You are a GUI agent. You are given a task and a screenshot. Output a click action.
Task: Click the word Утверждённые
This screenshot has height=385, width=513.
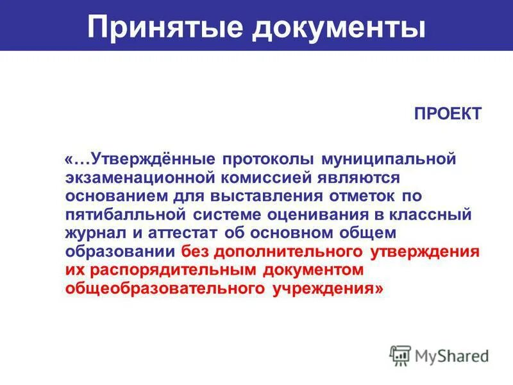click(x=147, y=158)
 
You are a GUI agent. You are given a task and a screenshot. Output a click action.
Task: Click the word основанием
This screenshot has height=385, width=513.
click(x=115, y=195)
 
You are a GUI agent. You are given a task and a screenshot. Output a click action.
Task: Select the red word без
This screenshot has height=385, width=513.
click(x=196, y=251)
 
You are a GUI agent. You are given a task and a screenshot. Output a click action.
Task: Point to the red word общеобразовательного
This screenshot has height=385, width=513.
click(x=164, y=288)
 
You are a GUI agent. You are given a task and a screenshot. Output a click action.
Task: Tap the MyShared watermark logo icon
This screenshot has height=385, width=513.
click(x=401, y=355)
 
